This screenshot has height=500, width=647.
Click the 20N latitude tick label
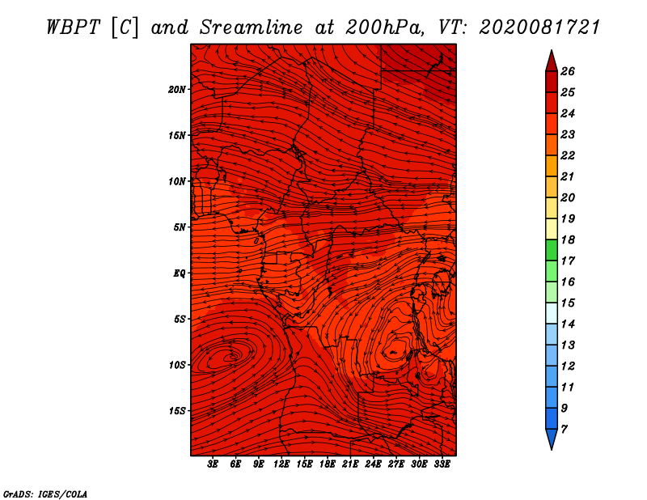tap(176, 90)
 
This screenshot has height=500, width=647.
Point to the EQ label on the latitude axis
tap(179, 273)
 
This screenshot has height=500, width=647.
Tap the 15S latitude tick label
tap(176, 411)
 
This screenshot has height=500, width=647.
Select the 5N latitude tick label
tap(179, 227)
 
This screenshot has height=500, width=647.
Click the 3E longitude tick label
tap(213, 464)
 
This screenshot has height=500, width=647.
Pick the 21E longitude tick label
tap(350, 464)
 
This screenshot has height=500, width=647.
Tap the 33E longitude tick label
tap(442, 464)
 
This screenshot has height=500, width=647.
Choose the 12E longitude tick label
tap(281, 464)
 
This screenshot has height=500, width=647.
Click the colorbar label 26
tap(568, 71)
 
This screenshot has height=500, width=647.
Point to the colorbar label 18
tap(568, 239)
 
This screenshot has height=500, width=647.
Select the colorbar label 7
tap(564, 430)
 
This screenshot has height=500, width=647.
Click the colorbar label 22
tap(568, 155)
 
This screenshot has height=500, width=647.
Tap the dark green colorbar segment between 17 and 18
tap(552, 250)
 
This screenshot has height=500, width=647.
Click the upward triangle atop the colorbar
tap(552, 62)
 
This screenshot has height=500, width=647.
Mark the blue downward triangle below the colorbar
tap(552, 439)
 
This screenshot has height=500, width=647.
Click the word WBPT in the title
tap(73, 28)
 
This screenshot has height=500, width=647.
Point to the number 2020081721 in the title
tap(539, 28)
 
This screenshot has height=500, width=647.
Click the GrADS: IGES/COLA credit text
tap(45, 494)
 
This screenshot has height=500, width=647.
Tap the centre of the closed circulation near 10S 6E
tap(234, 356)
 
